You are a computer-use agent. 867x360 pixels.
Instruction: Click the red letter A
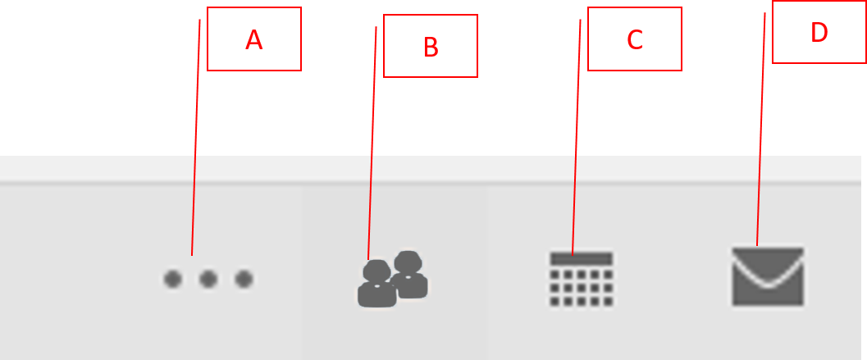[253, 40]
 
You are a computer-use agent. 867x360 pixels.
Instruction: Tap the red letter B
[431, 48]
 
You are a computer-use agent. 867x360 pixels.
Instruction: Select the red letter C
[635, 40]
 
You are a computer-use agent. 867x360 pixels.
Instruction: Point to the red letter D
[819, 33]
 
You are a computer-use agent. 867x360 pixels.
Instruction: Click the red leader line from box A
[196, 138]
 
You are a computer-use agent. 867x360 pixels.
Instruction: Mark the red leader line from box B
[372, 143]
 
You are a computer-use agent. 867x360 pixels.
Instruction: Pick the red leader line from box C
[576, 138]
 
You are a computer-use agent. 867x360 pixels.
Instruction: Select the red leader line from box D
[761, 130]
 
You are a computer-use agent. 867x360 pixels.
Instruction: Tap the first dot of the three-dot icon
[173, 280]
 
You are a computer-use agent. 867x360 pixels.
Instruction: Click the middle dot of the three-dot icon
[208, 280]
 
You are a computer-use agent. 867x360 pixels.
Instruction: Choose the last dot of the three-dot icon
[244, 280]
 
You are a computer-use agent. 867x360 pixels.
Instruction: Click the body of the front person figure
[377, 294]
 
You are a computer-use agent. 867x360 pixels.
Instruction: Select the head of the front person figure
[377, 271]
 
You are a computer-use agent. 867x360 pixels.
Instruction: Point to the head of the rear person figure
[408, 262]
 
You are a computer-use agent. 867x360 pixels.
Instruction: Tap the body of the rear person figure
[412, 285]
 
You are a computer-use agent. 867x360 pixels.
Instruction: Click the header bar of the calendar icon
[582, 259]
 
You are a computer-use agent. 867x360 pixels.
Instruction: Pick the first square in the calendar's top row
[554, 275]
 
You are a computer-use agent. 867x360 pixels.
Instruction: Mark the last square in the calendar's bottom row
[609, 302]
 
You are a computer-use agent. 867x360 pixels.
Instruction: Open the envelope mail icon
[768, 276]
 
